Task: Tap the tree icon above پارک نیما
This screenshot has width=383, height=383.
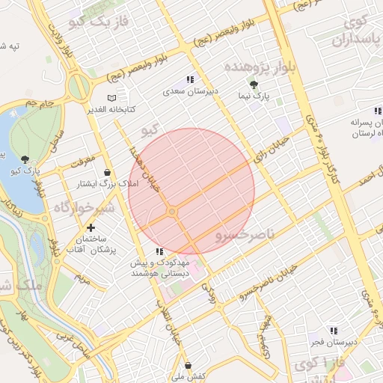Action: (x=254, y=85)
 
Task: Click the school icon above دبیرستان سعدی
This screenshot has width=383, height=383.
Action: (x=191, y=80)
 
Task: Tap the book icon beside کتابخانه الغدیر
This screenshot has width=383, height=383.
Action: (x=111, y=98)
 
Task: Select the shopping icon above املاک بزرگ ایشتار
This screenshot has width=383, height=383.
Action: (x=108, y=172)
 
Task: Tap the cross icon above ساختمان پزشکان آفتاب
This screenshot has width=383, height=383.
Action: (x=91, y=227)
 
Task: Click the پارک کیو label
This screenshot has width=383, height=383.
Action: (x=25, y=171)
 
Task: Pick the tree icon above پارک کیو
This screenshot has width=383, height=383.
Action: (x=26, y=159)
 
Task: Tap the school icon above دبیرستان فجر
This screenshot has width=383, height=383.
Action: (x=334, y=330)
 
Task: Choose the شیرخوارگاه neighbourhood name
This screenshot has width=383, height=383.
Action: (x=83, y=206)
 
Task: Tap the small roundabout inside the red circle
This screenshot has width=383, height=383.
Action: (x=172, y=212)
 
